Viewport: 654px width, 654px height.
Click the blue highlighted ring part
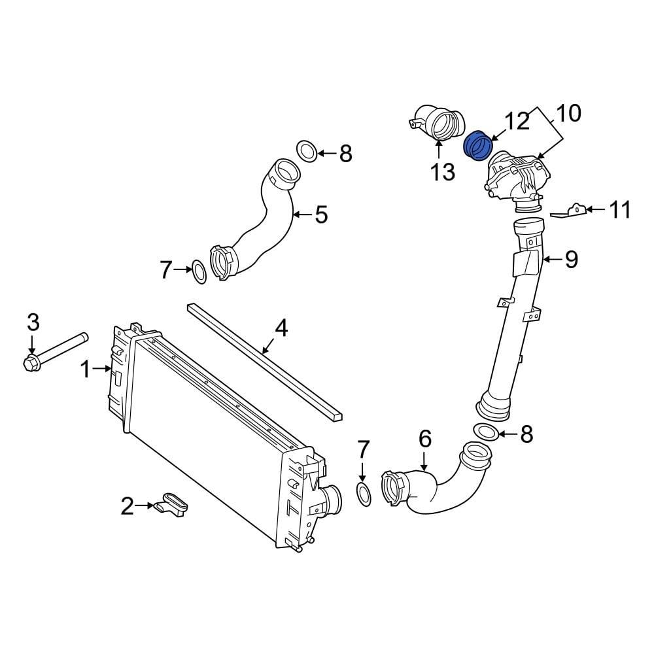point(477,145)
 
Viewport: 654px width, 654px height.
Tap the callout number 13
point(442,172)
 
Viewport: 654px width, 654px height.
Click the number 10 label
point(568,113)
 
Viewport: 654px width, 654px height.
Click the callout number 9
point(571,260)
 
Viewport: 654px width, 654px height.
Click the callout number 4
point(281,328)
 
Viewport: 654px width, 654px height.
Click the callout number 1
point(85,370)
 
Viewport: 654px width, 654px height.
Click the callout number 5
point(320,214)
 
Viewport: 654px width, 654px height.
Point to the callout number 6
point(424,439)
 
